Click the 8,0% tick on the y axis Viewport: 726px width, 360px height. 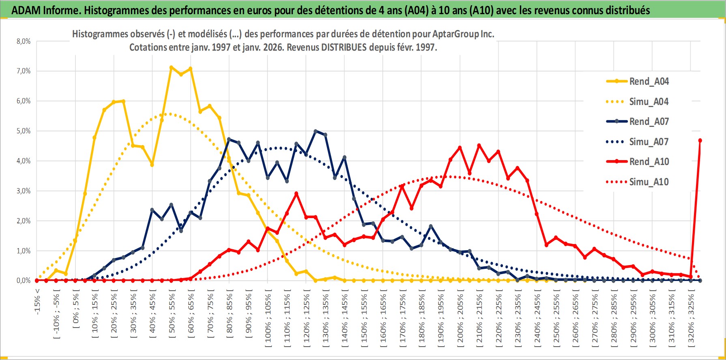click(24, 41)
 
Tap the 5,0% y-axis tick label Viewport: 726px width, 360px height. click(24, 131)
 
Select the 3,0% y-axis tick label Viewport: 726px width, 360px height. click(24, 191)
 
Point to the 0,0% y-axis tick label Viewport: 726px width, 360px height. click(24, 281)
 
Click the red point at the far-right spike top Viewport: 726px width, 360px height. click(700, 141)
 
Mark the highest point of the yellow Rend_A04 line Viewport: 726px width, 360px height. click(171, 67)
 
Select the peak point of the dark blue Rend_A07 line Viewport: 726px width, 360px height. click(316, 131)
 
